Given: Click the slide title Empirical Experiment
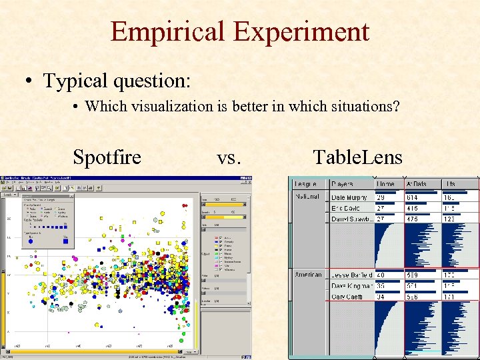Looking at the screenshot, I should (239, 31).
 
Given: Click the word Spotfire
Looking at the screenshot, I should (107, 157).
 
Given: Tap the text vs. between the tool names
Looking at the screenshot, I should (229, 157).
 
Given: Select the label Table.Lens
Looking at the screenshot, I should (357, 157).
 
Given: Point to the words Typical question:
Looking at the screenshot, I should (117, 81).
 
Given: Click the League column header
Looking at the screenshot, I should (306, 183).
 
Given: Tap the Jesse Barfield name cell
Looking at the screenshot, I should (352, 275).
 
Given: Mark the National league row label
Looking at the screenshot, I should (307, 197).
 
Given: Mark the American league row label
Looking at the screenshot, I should (308, 275).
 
